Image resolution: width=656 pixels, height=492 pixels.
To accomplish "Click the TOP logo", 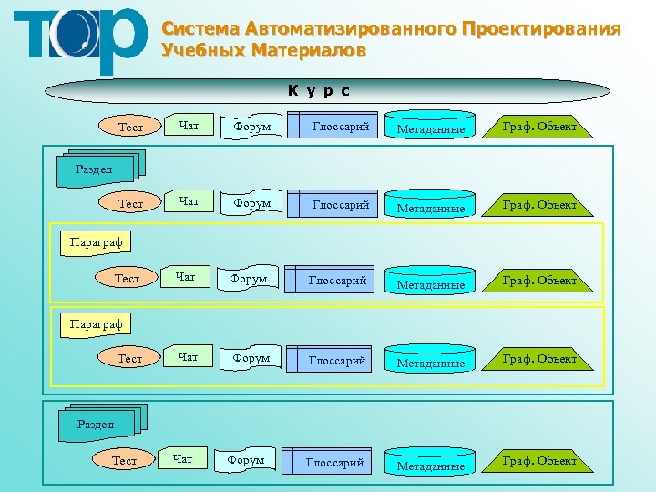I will pyautogui.click(x=80, y=40).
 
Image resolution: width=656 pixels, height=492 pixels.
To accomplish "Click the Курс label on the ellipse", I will pyautogui.click(x=319, y=90).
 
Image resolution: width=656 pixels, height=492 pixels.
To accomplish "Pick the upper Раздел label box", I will pyautogui.click(x=96, y=169).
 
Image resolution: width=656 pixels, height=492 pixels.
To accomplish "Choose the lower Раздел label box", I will pyautogui.click(x=96, y=424).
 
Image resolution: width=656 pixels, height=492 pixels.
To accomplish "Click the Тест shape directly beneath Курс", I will pyautogui.click(x=131, y=128).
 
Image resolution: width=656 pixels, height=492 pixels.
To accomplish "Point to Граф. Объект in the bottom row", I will pyautogui.click(x=540, y=461).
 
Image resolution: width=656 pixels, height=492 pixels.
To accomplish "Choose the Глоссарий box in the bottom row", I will pyautogui.click(x=333, y=463).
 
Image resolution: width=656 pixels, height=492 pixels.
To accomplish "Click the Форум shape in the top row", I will pyautogui.click(x=251, y=127).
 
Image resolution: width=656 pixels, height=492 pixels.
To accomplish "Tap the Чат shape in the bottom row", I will pyautogui.click(x=182, y=459).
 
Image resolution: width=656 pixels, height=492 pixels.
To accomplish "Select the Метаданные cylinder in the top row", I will pyautogui.click(x=430, y=127).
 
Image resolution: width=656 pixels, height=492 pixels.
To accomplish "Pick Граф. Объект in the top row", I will pyautogui.click(x=540, y=126).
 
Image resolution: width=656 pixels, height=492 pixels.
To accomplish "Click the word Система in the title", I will pyautogui.click(x=195, y=29).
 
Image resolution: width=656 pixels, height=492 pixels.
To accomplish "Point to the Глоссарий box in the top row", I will pyautogui.click(x=339, y=127).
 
